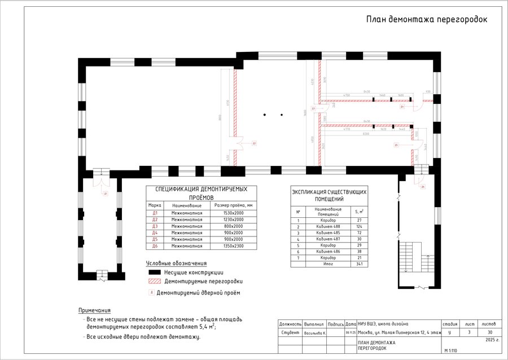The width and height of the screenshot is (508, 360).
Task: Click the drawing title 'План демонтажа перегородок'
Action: pyautogui.click(x=426, y=19)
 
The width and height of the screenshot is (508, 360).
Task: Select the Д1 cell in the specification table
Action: pyautogui.click(x=155, y=213)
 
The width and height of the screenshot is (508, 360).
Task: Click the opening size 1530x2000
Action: pyautogui.click(x=233, y=213)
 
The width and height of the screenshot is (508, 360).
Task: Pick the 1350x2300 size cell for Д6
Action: pyautogui.click(x=233, y=246)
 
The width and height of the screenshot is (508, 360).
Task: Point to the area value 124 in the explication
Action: pyautogui.click(x=358, y=226)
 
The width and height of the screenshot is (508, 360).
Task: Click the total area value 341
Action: pyautogui.click(x=358, y=264)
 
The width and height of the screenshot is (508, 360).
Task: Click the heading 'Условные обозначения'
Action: pyautogui.click(x=176, y=263)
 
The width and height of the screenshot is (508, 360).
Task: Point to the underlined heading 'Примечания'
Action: pyautogui.click(x=94, y=310)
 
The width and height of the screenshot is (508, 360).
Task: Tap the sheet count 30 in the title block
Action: pyautogui.click(x=489, y=332)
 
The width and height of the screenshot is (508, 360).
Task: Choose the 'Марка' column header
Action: pyautogui.click(x=155, y=205)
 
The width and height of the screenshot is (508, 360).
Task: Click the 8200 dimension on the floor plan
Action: pyautogui.click(x=366, y=134)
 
